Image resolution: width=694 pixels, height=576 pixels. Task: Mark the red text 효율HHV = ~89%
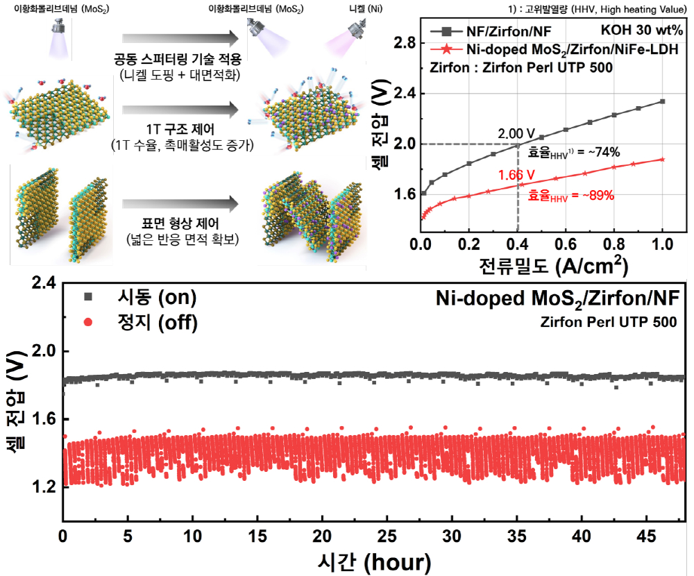571,196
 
